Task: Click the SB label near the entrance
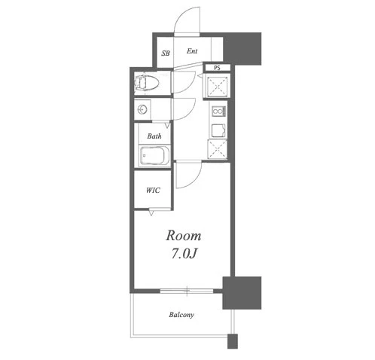tap(166, 53)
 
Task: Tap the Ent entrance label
tap(192, 51)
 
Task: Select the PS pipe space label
tap(217, 68)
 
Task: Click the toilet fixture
tap(147, 82)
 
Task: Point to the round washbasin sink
tap(142, 109)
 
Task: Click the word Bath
tap(154, 136)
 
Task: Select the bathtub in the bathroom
tap(154, 156)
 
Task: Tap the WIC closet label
tap(153, 191)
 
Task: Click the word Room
tap(184, 236)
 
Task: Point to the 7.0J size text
tap(184, 254)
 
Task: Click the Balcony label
tap(181, 315)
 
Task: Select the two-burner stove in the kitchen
tap(219, 111)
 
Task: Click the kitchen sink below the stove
tap(218, 130)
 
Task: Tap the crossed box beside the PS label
tap(218, 87)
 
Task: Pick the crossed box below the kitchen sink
tap(218, 149)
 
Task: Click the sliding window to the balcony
tap(187, 291)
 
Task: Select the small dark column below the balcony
tap(233, 341)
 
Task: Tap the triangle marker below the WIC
tap(151, 213)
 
